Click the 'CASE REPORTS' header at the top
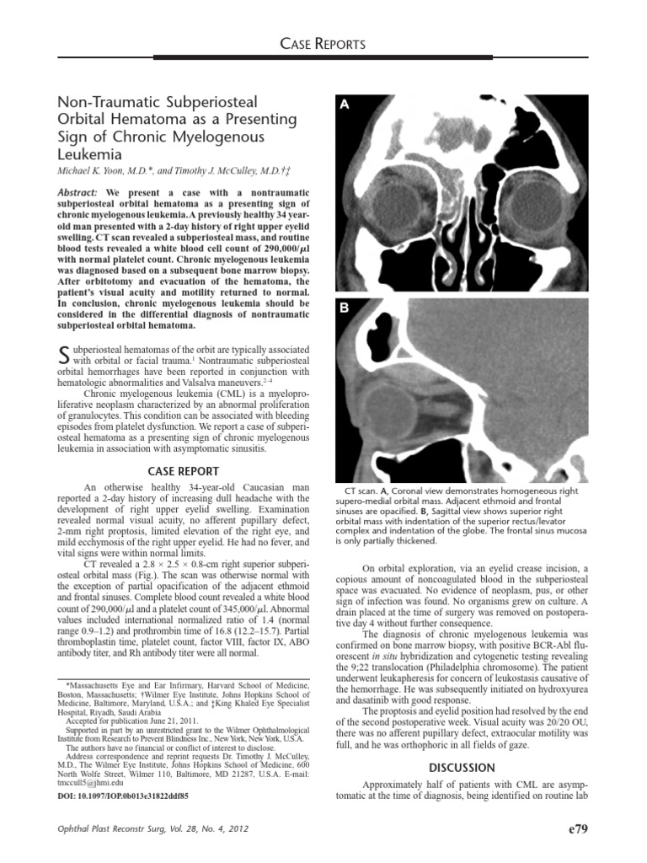[x=324, y=44]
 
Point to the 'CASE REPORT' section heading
[x=183, y=471]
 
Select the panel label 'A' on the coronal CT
[x=345, y=105]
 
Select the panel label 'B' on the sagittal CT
[x=345, y=308]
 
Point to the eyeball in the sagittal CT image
[x=375, y=405]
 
